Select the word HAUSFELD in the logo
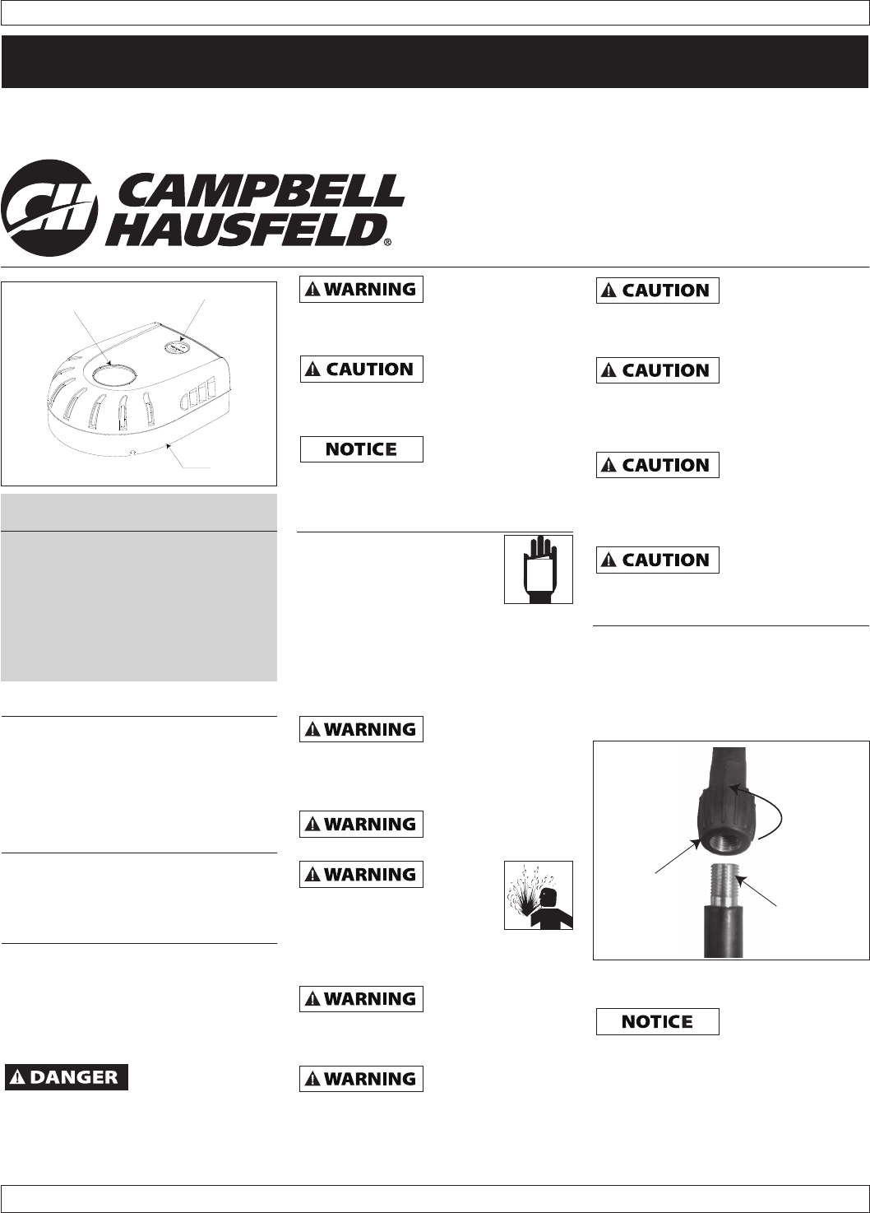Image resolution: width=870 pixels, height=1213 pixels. point(246,230)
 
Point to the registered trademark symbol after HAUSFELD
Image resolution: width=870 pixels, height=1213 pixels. point(387,243)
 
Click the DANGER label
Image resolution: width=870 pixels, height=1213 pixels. point(67,1076)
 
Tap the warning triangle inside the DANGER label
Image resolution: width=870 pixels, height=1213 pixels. point(18,1076)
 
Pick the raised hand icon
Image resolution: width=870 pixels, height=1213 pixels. point(539,569)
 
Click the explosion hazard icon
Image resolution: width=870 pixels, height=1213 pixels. point(539,895)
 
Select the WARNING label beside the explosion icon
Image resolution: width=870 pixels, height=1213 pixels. point(361,874)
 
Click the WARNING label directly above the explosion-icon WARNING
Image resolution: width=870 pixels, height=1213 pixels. point(361,824)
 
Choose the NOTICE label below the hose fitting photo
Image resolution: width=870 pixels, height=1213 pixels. point(657,1021)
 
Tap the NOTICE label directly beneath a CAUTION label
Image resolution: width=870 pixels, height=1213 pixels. point(361,449)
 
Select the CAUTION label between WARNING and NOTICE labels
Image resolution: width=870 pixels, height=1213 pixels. point(361,369)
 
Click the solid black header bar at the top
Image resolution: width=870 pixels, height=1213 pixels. point(435,62)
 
